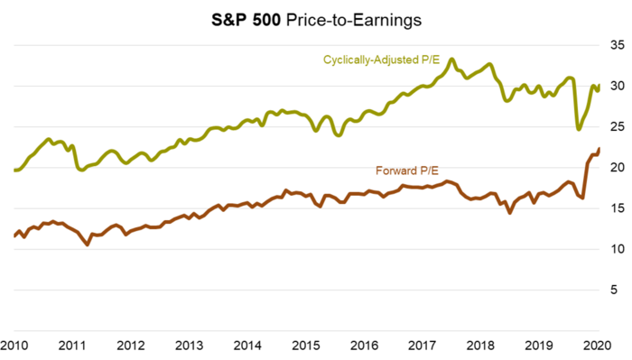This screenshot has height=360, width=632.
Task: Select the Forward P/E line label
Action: [407, 171]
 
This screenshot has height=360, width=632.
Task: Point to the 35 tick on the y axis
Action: [617, 45]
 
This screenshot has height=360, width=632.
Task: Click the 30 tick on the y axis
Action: [617, 86]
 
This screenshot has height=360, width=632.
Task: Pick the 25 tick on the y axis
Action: [617, 126]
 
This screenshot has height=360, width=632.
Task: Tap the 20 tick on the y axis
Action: [617, 167]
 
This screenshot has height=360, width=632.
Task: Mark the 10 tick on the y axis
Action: [617, 248]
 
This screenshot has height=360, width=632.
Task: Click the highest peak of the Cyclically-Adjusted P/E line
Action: [452, 60]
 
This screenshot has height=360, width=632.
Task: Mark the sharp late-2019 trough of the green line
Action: [579, 129]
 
